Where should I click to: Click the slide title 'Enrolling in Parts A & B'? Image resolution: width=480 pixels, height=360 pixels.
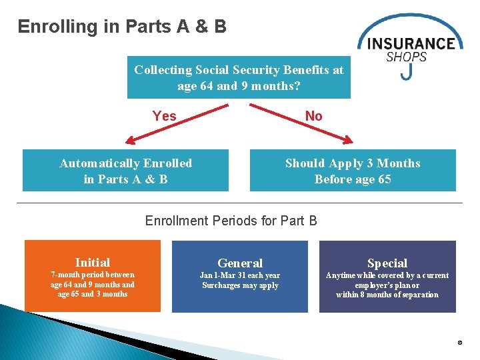[x=122, y=27]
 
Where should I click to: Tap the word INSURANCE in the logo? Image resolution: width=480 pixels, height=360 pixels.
[x=411, y=44]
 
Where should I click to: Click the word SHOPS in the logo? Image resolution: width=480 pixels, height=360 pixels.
[x=406, y=57]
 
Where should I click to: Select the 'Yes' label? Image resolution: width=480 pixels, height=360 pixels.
[x=164, y=116]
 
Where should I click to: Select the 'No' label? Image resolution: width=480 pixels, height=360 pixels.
[x=313, y=116]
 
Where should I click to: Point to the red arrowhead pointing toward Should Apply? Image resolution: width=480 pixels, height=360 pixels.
[x=347, y=140]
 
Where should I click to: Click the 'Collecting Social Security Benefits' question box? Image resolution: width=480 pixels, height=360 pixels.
[x=239, y=78]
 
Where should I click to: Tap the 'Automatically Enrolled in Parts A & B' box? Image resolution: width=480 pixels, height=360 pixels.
[x=125, y=171]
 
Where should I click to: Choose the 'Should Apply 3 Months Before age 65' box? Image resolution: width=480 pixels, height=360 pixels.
[x=353, y=171]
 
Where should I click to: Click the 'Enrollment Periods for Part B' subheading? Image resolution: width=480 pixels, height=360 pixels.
[x=231, y=220]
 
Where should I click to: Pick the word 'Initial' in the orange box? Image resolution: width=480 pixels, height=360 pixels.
[x=93, y=262]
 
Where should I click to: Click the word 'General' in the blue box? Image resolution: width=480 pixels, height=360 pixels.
[x=240, y=263]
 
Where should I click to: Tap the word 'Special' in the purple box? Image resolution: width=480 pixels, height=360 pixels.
[x=387, y=263]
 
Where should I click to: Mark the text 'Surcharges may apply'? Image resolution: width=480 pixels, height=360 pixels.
[x=240, y=285]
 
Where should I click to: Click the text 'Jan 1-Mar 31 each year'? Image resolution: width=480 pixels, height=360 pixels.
[x=240, y=275]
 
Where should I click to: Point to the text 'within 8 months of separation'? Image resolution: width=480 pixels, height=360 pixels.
[x=387, y=295]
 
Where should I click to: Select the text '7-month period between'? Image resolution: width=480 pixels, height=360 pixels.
[x=93, y=275]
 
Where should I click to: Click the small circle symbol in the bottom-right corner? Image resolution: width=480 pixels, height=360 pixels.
[x=459, y=343]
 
